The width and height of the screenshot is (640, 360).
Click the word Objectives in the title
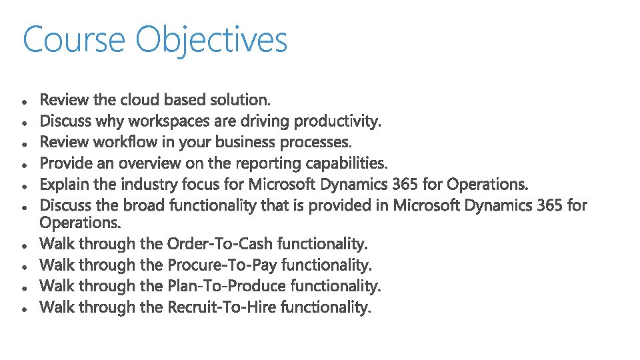pos(211,40)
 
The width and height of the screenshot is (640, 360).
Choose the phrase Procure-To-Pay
pos(223,265)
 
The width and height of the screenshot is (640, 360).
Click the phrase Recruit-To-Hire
pos(222,307)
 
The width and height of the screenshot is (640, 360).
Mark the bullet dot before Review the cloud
pos(24,102)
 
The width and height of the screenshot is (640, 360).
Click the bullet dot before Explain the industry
pos(24,186)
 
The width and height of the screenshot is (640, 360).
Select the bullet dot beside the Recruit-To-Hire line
pos(24,309)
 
